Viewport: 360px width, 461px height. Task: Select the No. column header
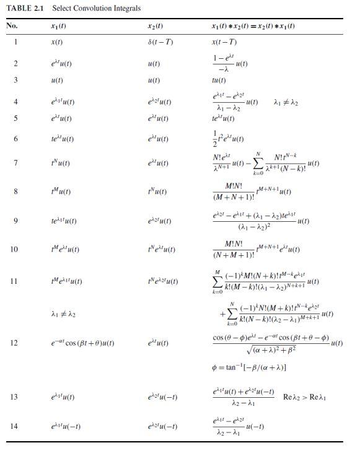tap(12, 26)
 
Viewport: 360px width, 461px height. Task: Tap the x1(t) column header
tap(59, 26)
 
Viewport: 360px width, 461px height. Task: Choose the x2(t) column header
tap(156, 26)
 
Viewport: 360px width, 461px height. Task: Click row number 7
tap(15, 163)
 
